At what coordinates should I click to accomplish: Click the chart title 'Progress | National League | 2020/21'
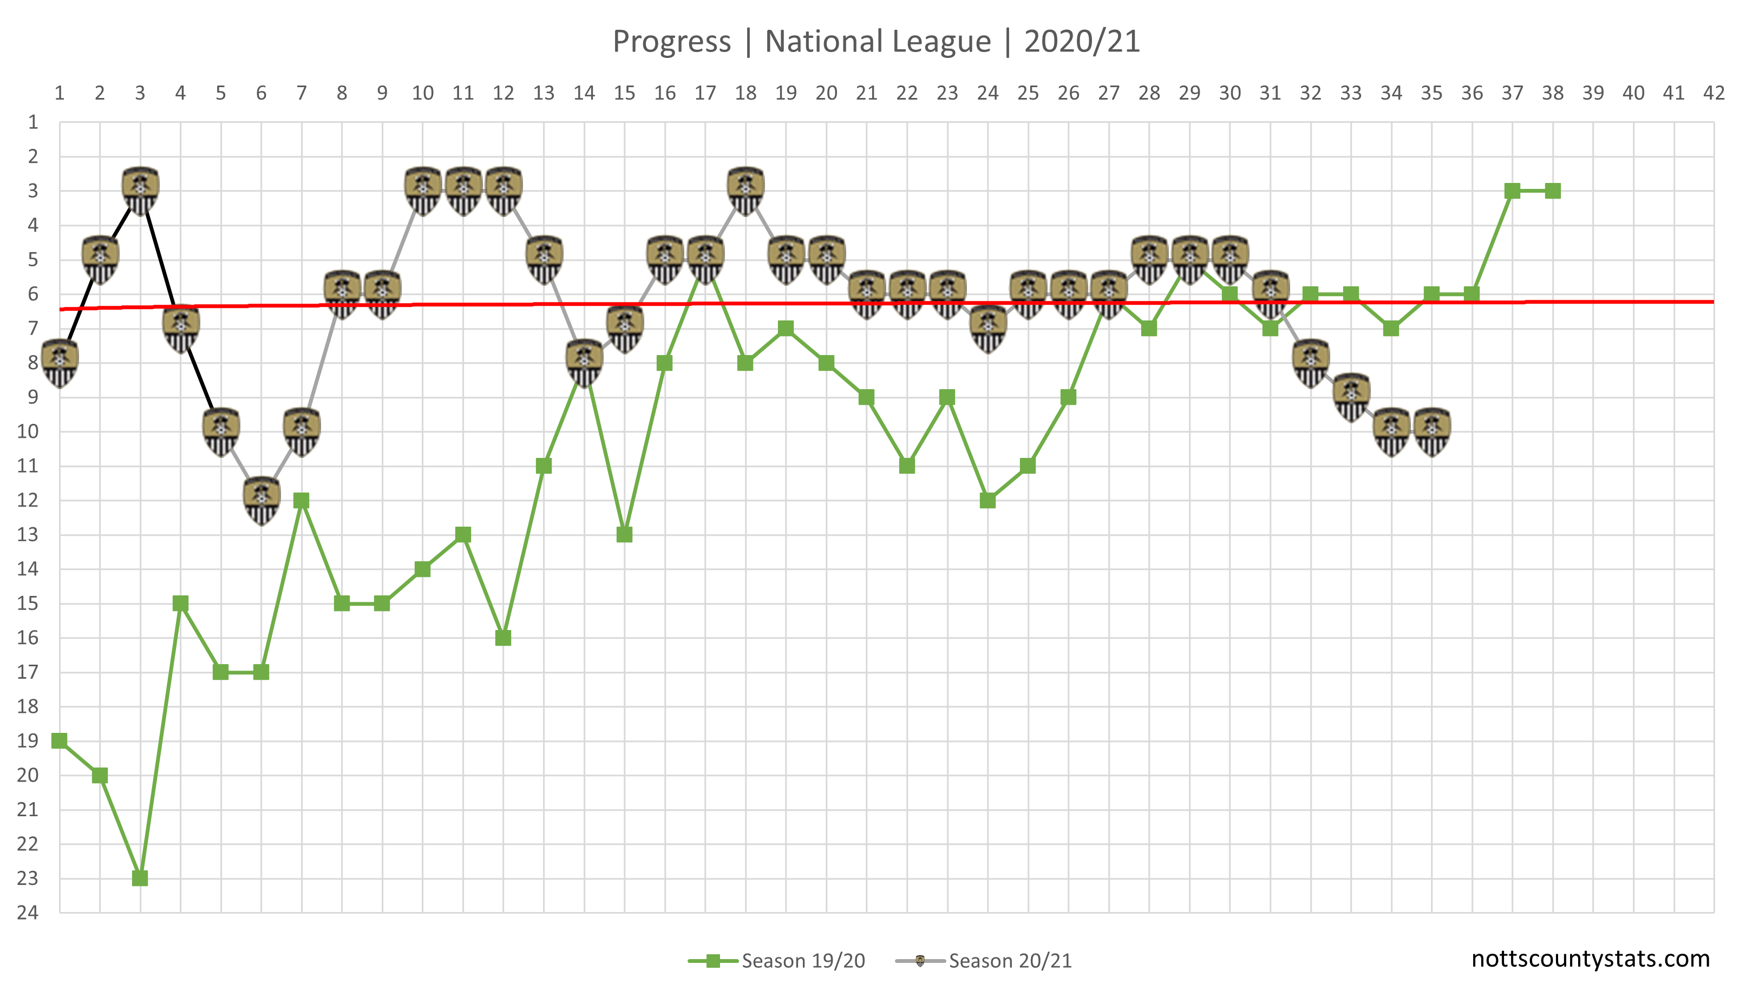click(x=876, y=41)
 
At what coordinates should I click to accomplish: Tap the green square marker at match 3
click(x=140, y=878)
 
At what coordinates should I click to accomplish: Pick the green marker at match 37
click(x=1513, y=191)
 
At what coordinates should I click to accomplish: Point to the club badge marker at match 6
click(x=261, y=500)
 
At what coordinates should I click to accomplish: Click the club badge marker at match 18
click(x=745, y=191)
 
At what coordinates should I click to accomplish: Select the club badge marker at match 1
click(x=60, y=362)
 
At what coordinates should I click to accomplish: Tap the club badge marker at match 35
click(x=1432, y=431)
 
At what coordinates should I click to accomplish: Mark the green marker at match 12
click(x=503, y=638)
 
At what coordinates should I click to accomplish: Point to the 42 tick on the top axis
click(x=1714, y=93)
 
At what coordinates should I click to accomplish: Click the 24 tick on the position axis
click(x=28, y=912)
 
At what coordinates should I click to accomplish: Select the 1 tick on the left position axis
click(x=32, y=122)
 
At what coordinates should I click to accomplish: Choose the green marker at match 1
click(x=60, y=741)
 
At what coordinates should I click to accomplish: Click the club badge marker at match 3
click(x=140, y=191)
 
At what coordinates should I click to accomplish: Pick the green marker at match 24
click(x=987, y=501)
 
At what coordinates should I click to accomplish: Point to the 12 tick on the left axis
click(x=28, y=501)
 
